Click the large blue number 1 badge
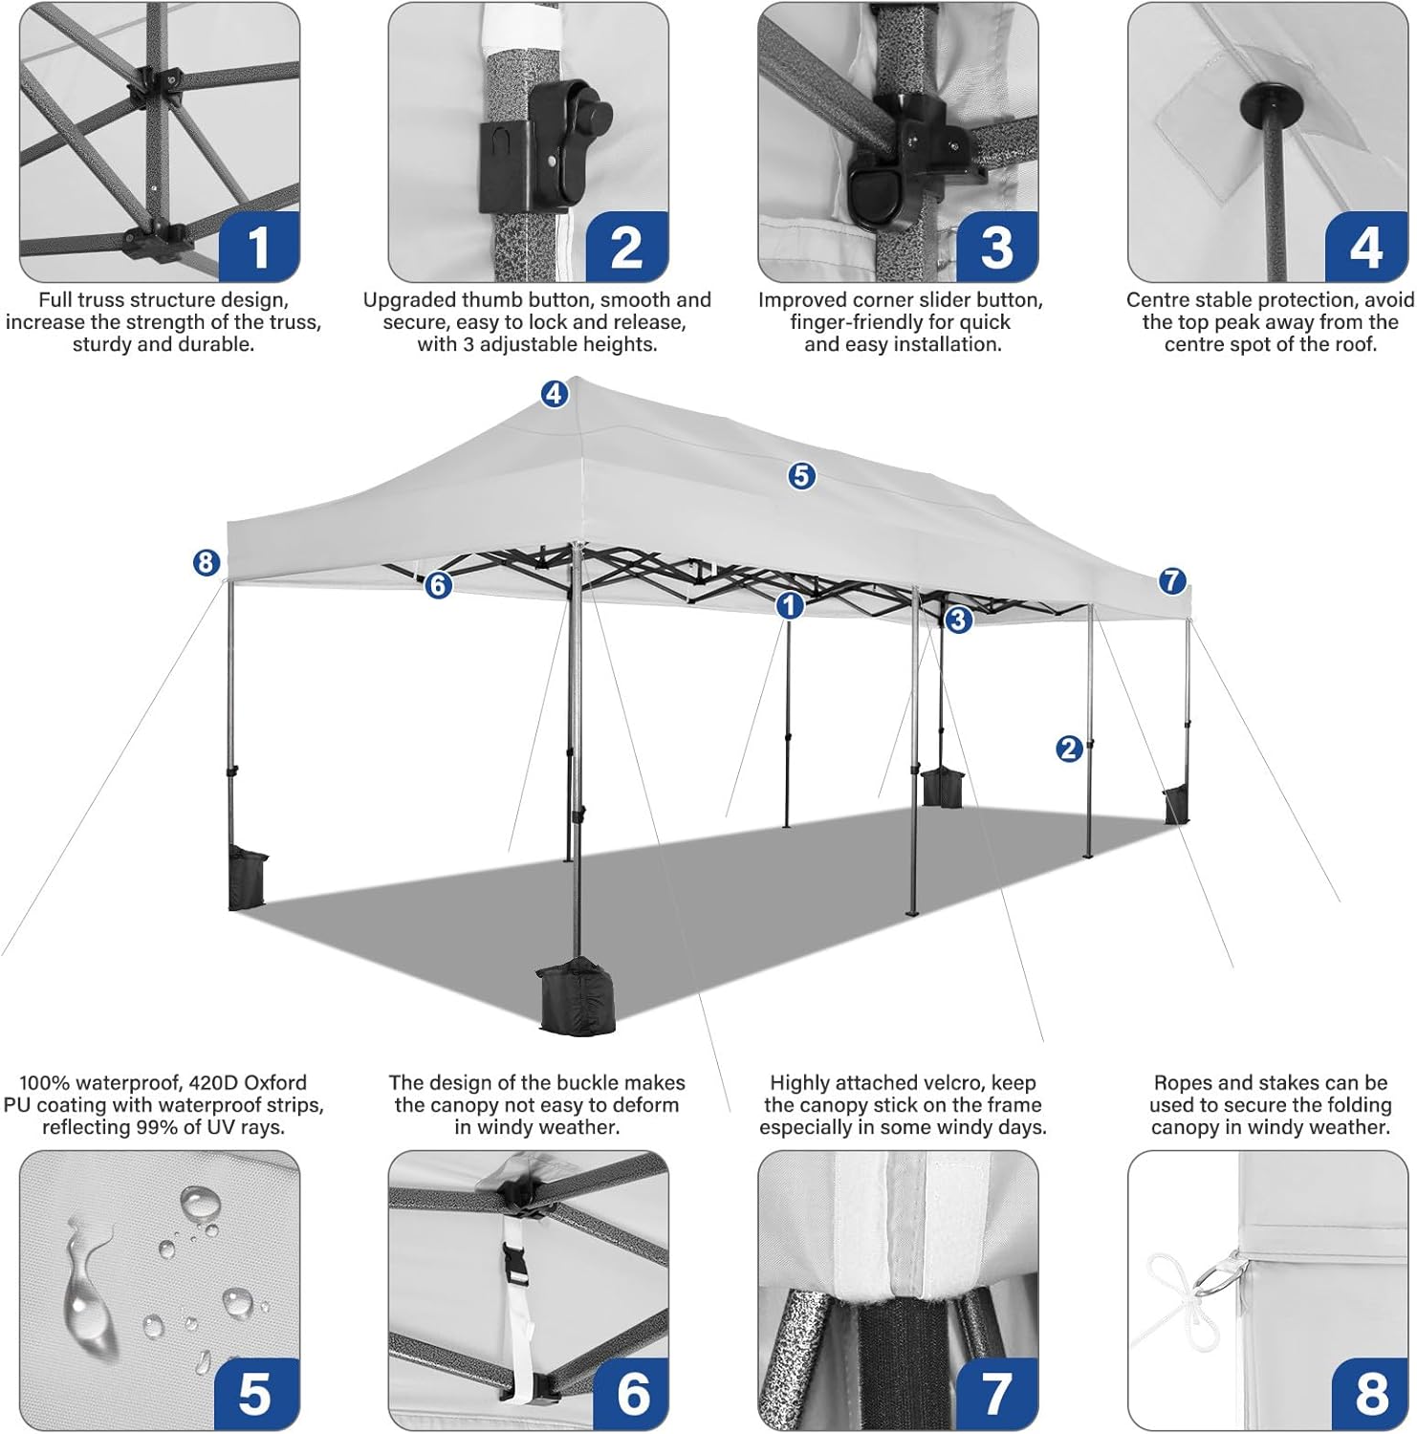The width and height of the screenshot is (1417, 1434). coord(259,247)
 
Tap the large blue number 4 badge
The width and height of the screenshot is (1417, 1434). coord(1365,247)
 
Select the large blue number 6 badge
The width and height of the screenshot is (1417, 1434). coord(632,1393)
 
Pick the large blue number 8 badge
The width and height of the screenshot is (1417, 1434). coord(1371,1393)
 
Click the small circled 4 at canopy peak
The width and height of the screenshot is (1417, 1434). coord(555,393)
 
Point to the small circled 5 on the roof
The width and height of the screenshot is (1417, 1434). coord(801,475)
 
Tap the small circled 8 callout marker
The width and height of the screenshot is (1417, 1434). coord(207,563)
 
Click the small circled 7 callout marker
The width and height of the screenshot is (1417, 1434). coord(1172,580)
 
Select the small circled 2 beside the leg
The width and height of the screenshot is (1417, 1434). coord(1069,749)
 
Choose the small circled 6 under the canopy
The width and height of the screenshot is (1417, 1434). coord(438,584)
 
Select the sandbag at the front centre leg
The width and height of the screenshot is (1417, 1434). coord(578,997)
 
